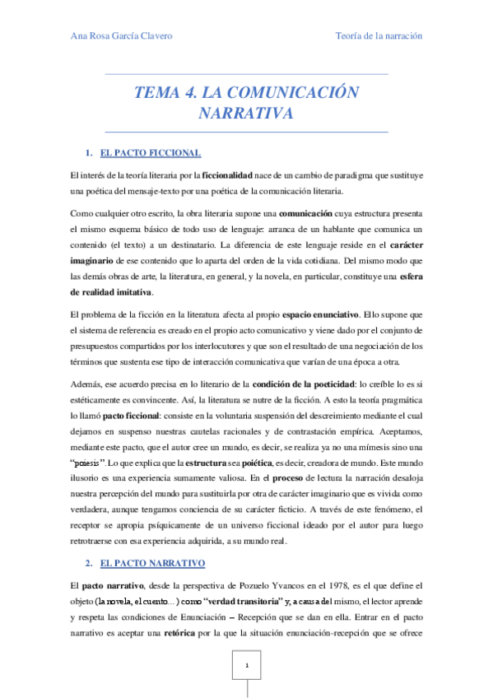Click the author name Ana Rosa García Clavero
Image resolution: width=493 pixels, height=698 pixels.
(x=123, y=37)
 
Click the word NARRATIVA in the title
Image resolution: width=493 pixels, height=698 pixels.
(x=246, y=114)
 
